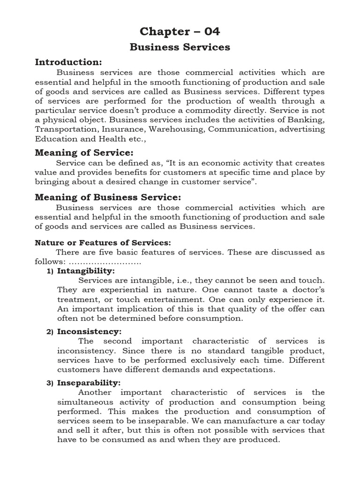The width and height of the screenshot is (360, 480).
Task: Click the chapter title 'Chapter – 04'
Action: [x=180, y=31]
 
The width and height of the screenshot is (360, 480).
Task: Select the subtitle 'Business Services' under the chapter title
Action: [x=180, y=47]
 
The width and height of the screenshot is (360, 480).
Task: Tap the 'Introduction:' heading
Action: [x=68, y=62]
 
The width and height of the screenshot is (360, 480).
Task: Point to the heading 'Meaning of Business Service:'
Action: [x=108, y=197]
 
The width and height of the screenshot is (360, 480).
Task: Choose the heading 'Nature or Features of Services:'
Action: [x=103, y=242]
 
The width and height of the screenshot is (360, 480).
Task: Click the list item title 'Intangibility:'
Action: [x=86, y=271]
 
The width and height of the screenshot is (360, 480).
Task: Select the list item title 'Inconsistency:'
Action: [x=89, y=331]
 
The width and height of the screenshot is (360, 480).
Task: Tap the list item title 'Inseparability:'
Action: [x=89, y=382]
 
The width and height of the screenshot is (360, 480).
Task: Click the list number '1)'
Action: [x=50, y=271]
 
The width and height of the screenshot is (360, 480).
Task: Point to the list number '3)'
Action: [x=50, y=383]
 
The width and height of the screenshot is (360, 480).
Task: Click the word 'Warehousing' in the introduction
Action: [x=182, y=129]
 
